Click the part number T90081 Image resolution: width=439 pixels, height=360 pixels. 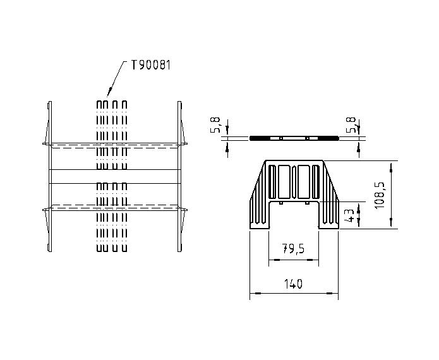coord(150,65)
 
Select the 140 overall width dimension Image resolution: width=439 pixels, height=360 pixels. coord(294,284)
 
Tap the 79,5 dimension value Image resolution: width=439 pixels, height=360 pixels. coord(293,249)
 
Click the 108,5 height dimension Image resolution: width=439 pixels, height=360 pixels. coord(380,195)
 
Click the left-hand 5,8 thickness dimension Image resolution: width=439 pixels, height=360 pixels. coord(217,125)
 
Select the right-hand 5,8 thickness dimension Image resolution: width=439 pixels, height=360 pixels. coord(351,125)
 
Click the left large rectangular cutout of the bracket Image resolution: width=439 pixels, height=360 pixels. coord(284,182)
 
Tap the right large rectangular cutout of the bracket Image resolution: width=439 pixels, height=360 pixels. coord(304,182)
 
